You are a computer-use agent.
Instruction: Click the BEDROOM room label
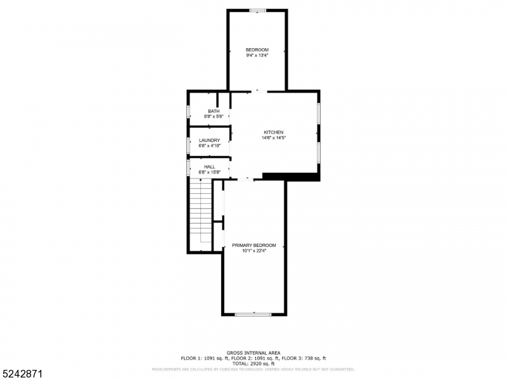click(257, 50)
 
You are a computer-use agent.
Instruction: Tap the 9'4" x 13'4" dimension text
click(257, 56)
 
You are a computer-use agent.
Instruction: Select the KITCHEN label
click(274, 132)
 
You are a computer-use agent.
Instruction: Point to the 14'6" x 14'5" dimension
click(274, 138)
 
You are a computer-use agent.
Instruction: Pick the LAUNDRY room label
click(209, 141)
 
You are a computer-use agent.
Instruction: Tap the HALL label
click(209, 167)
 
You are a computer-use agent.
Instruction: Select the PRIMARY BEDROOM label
click(253, 245)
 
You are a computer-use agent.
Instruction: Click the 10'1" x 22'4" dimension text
click(253, 251)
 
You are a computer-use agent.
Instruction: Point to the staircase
click(201, 212)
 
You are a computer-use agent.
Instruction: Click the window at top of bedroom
click(257, 10)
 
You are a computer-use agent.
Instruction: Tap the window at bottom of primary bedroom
click(253, 313)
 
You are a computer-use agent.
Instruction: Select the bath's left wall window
click(188, 112)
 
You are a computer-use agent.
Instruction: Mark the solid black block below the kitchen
click(290, 177)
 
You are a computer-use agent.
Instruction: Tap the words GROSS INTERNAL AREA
click(253, 353)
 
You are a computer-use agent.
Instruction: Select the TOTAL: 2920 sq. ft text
click(253, 364)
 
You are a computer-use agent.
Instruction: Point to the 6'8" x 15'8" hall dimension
click(209, 172)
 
